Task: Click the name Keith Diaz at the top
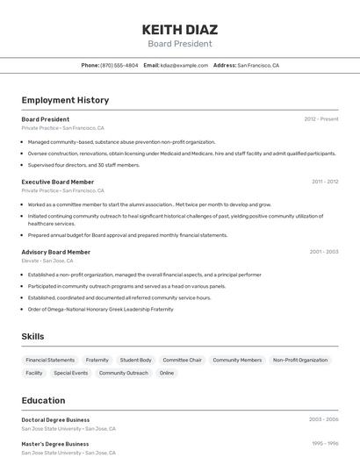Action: [180, 26]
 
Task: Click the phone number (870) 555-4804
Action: [119, 65]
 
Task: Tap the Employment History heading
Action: [65, 100]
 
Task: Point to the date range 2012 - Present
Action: [321, 118]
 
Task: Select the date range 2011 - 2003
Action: [325, 182]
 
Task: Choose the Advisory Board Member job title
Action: [56, 252]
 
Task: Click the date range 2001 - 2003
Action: [324, 252]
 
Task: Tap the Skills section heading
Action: [32, 336]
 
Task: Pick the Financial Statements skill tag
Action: [50, 360]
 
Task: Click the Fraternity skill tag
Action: [97, 360]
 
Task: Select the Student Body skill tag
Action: [136, 360]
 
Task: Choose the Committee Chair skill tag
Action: [183, 360]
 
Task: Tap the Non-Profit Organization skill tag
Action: [300, 360]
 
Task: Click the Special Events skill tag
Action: [71, 373]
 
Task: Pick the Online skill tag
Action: [167, 373]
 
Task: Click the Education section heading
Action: [43, 400]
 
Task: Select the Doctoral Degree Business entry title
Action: [55, 419]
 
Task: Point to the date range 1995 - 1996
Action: [325, 444]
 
